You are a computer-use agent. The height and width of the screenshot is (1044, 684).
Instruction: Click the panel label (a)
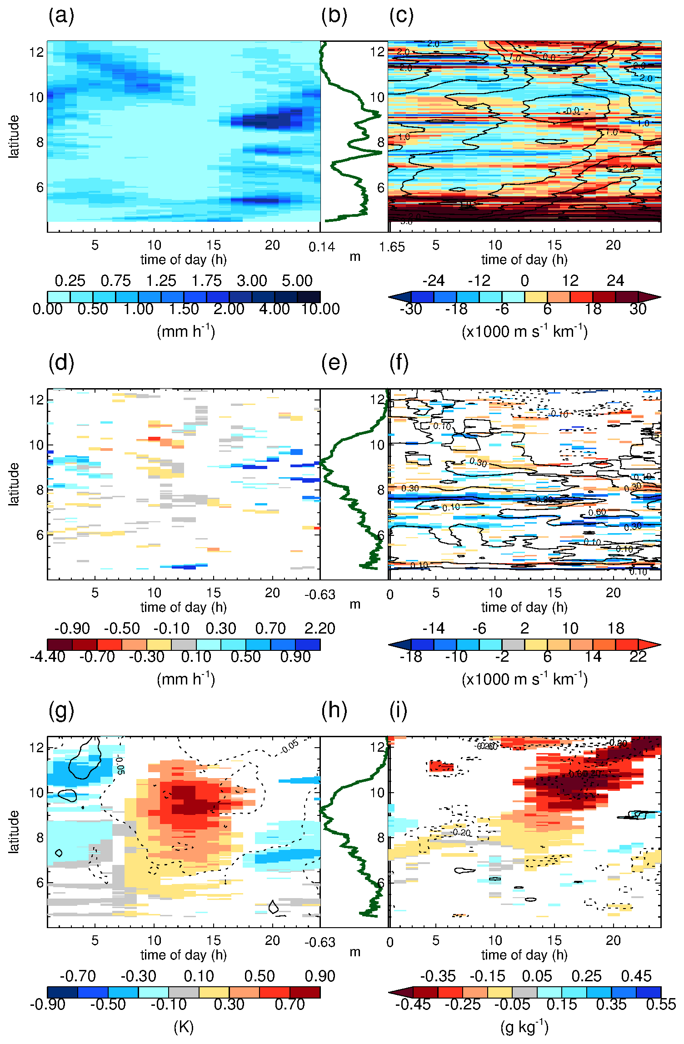tap(61, 16)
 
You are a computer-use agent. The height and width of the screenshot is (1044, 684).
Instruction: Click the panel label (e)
tap(334, 364)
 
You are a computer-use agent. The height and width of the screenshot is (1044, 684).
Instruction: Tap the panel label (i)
tap(399, 711)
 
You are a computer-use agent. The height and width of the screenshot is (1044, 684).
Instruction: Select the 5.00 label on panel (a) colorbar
tap(297, 281)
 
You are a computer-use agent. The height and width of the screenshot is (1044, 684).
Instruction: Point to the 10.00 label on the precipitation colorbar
tap(320, 309)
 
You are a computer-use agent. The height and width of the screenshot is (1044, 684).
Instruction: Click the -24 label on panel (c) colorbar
tap(434, 281)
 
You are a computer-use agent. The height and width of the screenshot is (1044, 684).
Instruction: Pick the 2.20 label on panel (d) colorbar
tap(320, 629)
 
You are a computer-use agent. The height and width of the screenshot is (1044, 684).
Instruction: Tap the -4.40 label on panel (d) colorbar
tap(48, 657)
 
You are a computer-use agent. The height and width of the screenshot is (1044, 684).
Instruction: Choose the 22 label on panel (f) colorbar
tap(638, 657)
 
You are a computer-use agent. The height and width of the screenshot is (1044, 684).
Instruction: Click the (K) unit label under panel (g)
tap(184, 1027)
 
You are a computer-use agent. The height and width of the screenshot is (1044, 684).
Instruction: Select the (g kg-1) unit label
tap(524, 1027)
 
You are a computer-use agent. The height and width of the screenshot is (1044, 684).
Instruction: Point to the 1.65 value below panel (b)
tap(392, 247)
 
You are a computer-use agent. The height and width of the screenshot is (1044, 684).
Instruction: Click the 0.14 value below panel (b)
tap(322, 247)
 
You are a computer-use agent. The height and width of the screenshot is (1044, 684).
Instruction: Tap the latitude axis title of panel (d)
tap(14, 484)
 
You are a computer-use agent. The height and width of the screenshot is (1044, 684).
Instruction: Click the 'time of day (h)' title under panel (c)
tap(524, 260)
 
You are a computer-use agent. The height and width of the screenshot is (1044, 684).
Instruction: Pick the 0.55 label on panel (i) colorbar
tap(661, 1004)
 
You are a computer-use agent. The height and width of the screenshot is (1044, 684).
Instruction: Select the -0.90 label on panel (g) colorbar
tap(48, 1004)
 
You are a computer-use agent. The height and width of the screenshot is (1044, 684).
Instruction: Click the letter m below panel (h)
tap(355, 952)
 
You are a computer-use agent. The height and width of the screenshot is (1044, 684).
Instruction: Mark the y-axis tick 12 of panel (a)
tap(36, 52)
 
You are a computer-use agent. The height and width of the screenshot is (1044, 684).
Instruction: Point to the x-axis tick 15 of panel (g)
tap(213, 940)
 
